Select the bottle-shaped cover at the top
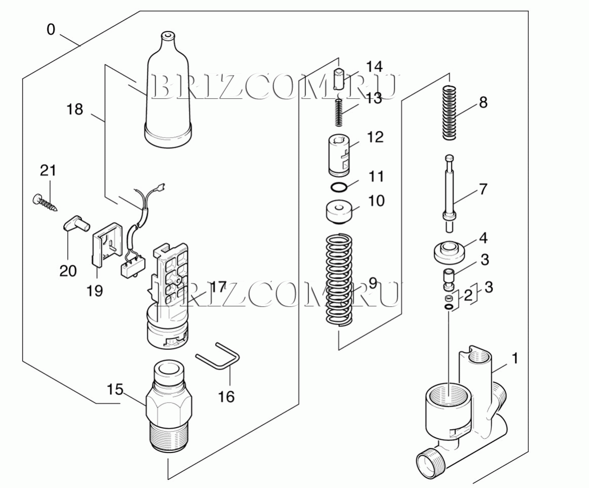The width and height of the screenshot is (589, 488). pyautogui.click(x=168, y=96)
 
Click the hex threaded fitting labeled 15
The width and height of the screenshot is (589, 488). pyautogui.click(x=169, y=407)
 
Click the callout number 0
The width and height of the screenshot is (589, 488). pyautogui.click(x=51, y=29)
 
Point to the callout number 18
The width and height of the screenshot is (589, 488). pyautogui.click(x=75, y=109)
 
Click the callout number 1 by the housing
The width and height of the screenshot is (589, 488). pyautogui.click(x=515, y=359)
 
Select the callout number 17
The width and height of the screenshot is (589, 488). pyautogui.click(x=218, y=287)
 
